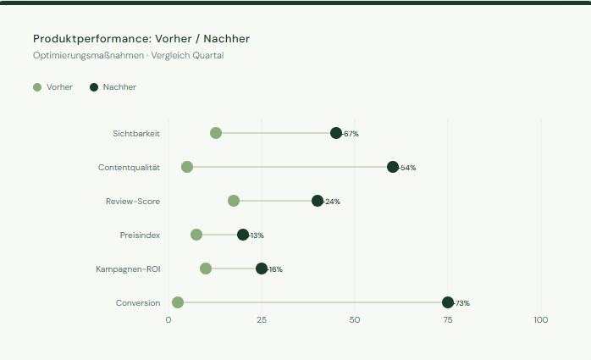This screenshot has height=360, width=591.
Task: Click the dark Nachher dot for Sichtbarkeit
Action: [x=336, y=133]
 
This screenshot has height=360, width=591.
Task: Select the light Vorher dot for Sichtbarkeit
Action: [x=216, y=133]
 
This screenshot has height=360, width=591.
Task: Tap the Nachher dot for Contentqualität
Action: [x=393, y=167]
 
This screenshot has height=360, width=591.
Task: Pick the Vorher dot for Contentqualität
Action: [x=187, y=167]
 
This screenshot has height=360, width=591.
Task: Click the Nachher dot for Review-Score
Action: [x=318, y=201]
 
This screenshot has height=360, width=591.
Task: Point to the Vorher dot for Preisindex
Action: [x=196, y=235]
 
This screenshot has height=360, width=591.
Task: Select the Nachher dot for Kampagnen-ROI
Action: [x=262, y=269]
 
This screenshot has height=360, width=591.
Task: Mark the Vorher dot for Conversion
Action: [x=178, y=302]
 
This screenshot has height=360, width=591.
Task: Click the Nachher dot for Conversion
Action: [x=448, y=302]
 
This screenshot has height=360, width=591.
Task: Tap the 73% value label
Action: [x=462, y=303]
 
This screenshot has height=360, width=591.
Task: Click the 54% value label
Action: [x=408, y=168]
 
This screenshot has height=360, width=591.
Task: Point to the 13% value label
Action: [x=257, y=235]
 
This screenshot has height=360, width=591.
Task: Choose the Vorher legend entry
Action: [x=52, y=87]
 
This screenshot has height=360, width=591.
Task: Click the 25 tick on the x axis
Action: [x=262, y=320]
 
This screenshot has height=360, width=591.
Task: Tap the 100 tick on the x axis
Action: [x=541, y=320]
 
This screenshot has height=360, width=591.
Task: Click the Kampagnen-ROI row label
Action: [x=128, y=269]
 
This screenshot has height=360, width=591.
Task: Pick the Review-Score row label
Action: [x=132, y=202]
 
